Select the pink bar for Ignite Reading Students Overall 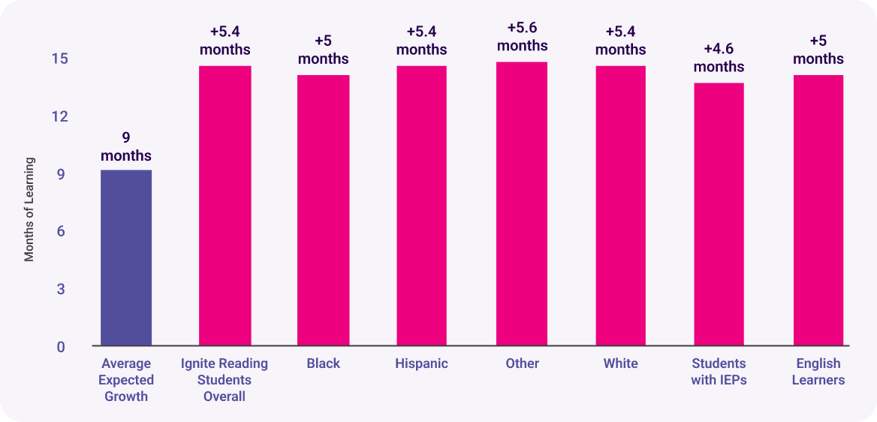225,206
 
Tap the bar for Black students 323,210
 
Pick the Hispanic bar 421,206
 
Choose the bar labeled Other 522,203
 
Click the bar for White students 620,206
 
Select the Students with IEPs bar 719,214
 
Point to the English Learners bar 818,210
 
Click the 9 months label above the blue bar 126,147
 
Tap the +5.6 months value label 522,37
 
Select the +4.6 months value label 719,58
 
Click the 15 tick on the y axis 59,59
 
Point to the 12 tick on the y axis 59,116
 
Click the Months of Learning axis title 29,209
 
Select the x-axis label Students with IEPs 719,372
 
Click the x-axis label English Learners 818,372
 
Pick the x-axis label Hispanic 421,363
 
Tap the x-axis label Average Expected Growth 126,380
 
